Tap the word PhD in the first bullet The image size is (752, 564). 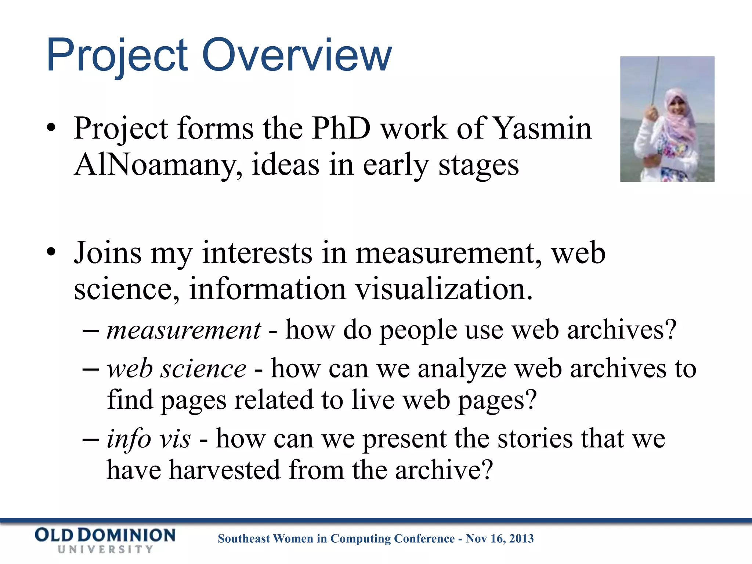pyautogui.click(x=341, y=129)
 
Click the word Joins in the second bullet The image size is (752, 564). pyautogui.click(x=108, y=253)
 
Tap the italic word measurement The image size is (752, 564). pyautogui.click(x=184, y=330)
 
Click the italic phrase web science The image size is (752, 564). pyautogui.click(x=177, y=369)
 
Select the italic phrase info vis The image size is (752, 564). pyautogui.click(x=149, y=439)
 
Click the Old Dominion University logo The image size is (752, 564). pyautogui.click(x=105, y=540)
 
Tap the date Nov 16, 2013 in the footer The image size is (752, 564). pyautogui.click(x=499, y=539)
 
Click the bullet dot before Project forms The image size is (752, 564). pyautogui.click(x=51, y=128)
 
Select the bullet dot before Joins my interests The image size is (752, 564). pyautogui.click(x=51, y=253)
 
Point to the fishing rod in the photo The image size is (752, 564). pyautogui.click(x=655, y=81)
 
